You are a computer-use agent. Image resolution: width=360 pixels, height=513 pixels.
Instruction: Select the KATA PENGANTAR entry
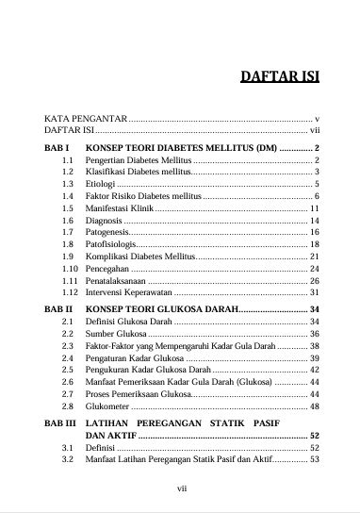tap(86, 119)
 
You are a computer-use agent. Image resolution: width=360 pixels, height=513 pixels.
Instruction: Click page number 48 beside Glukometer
tap(316, 406)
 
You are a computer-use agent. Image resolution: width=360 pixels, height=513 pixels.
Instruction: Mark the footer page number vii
tap(185, 489)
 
